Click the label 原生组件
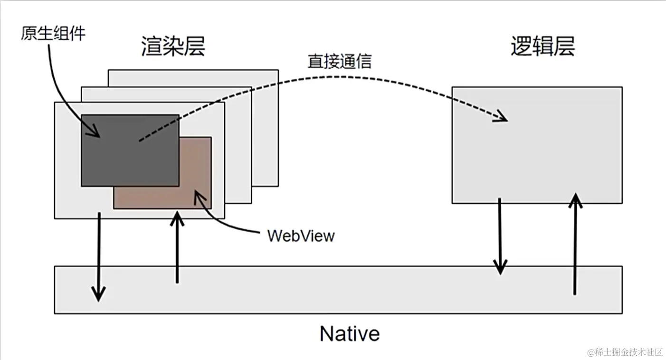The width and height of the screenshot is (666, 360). [x=53, y=33]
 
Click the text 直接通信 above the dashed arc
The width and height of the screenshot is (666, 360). [x=339, y=61]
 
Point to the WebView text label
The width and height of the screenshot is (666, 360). [x=301, y=236]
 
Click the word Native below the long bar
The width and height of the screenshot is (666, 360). [x=350, y=333]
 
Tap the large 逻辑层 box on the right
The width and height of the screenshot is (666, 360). [x=537, y=157]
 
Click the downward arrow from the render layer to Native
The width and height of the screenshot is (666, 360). [x=98, y=256]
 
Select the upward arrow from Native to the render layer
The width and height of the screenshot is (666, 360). [x=177, y=247]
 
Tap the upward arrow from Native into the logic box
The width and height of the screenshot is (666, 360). [x=575, y=242]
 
